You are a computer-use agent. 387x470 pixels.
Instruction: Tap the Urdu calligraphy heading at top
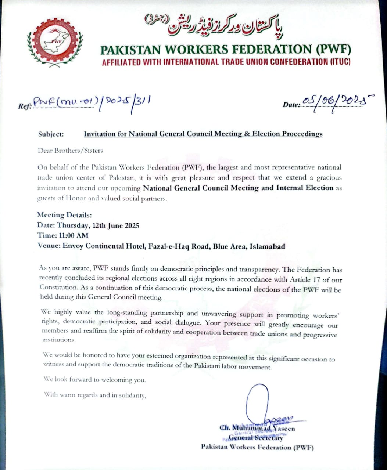coord(215,25)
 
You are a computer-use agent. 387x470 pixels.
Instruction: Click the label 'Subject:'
coord(51,134)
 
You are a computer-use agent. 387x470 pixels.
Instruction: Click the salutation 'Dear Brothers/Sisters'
coord(70,151)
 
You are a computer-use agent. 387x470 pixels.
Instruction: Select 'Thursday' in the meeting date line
coord(75,225)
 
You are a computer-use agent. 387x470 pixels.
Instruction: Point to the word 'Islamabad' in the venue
coord(267,246)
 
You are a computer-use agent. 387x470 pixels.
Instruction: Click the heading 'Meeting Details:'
coord(64,215)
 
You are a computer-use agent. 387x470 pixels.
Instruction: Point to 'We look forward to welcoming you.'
coord(94,380)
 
